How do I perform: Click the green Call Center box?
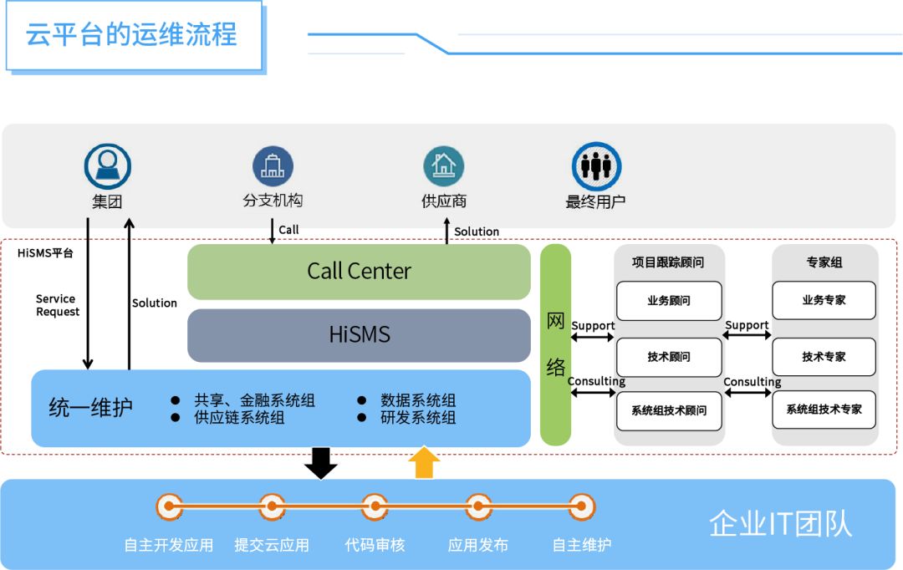click(x=359, y=271)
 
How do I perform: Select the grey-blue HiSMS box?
click(x=359, y=335)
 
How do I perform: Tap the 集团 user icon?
click(x=108, y=166)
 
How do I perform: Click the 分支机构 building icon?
click(x=273, y=166)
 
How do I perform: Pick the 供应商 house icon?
click(x=443, y=166)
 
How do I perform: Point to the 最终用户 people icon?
click(x=596, y=166)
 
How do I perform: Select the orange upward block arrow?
click(x=425, y=462)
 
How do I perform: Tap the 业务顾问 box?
click(x=669, y=301)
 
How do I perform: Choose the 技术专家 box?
click(x=824, y=357)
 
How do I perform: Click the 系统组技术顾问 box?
click(x=669, y=410)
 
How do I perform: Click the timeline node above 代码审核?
click(x=375, y=506)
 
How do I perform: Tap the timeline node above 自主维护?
click(x=581, y=506)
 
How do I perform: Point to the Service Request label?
click(x=58, y=305)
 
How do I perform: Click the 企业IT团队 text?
click(x=780, y=523)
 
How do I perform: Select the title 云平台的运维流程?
click(x=132, y=35)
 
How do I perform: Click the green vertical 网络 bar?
click(x=555, y=344)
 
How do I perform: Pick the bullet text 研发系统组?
click(x=418, y=418)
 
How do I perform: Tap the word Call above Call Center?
click(x=288, y=230)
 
